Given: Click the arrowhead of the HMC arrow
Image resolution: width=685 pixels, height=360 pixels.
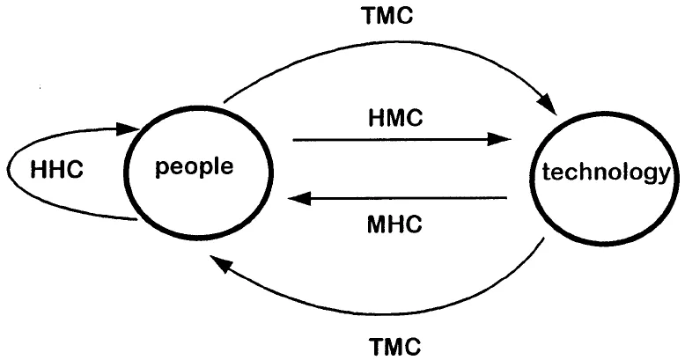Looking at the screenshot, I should [x=502, y=139].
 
